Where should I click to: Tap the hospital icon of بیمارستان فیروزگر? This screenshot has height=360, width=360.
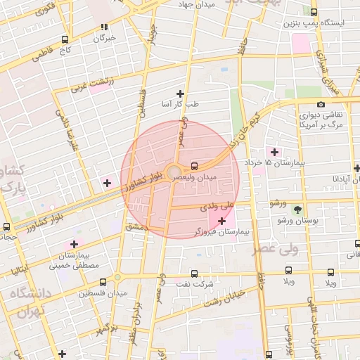[x=222, y=221]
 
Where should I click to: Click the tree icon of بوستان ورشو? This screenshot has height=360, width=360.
[x=297, y=210]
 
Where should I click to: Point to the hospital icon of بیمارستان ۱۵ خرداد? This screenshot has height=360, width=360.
[x=274, y=152]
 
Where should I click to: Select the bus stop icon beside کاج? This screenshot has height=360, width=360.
[x=65, y=40]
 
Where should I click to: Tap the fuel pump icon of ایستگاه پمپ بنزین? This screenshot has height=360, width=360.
[x=314, y=11]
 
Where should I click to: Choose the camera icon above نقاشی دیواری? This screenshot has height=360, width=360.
[x=321, y=104]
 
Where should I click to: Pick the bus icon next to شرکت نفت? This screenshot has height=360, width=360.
[x=195, y=274]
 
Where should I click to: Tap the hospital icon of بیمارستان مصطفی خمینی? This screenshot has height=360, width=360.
[x=74, y=244]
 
